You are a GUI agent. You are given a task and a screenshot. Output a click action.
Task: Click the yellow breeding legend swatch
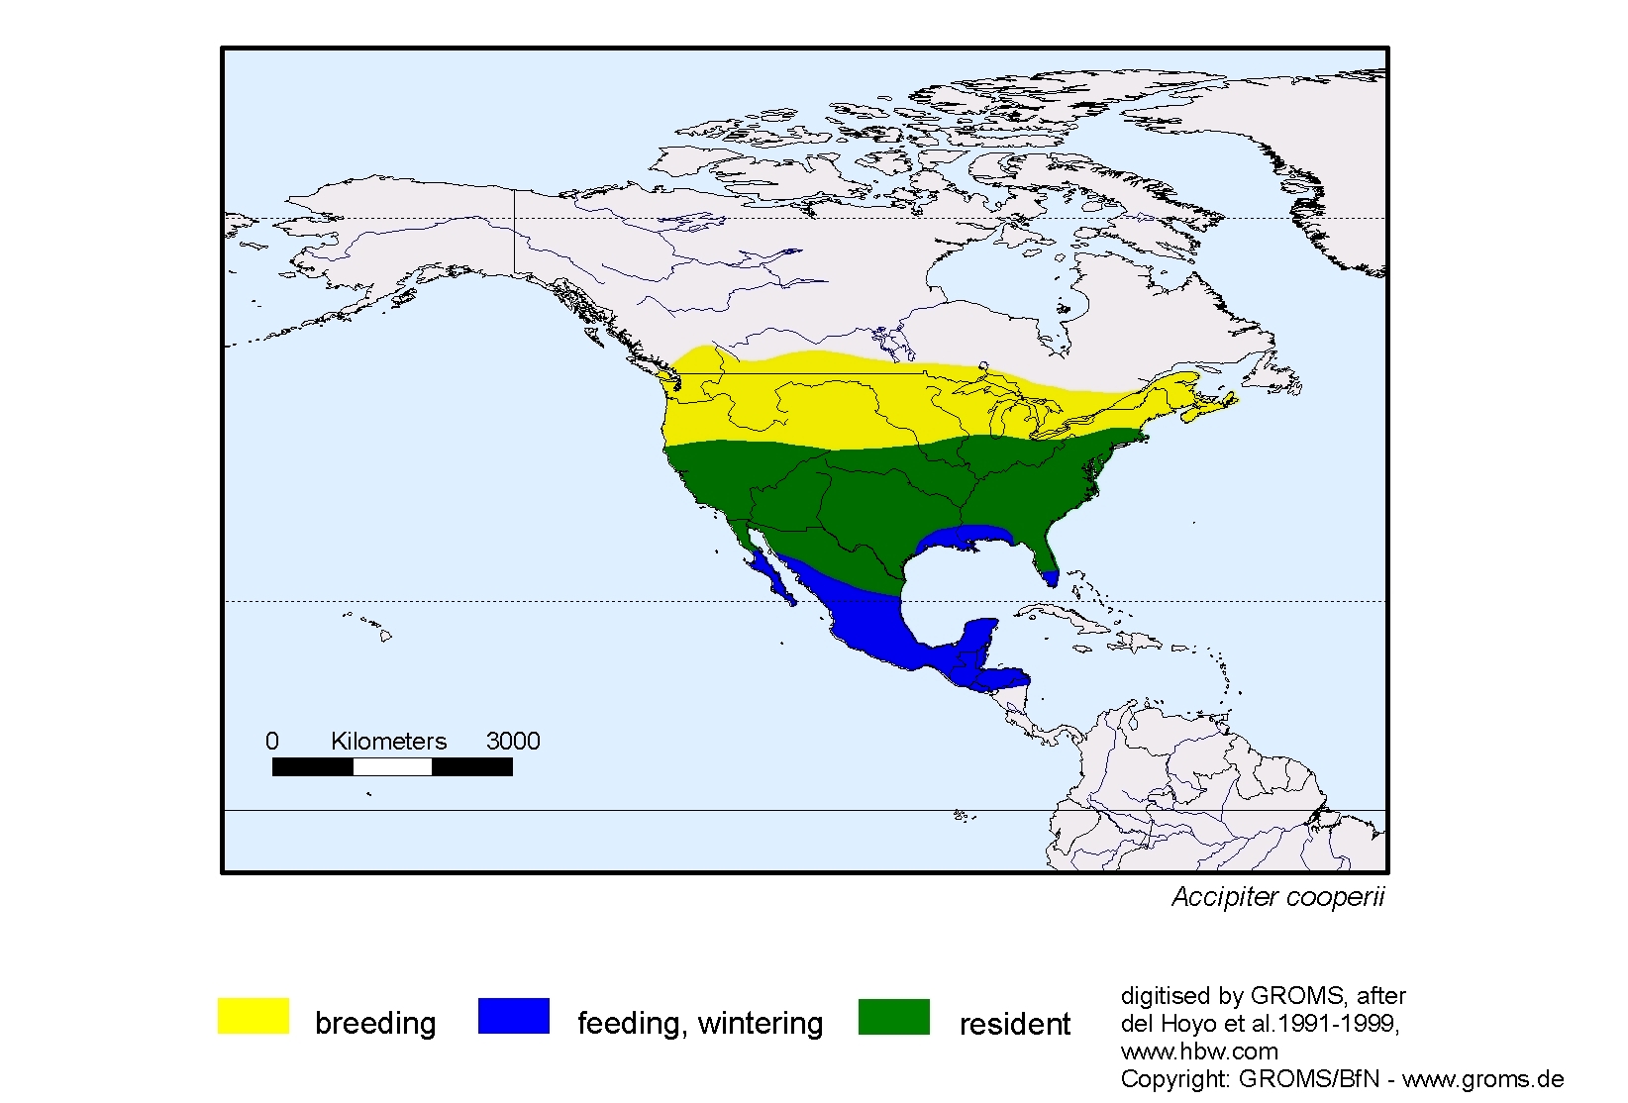click(x=253, y=1016)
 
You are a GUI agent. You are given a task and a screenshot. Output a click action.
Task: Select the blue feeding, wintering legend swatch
click(x=513, y=1016)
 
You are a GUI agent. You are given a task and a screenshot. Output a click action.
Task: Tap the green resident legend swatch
click(x=893, y=1016)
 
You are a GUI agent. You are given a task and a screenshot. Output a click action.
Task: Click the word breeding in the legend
click(x=375, y=1023)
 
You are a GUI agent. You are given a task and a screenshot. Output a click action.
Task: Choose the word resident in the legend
click(x=1014, y=1024)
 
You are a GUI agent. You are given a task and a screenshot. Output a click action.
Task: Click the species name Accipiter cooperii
click(x=1277, y=897)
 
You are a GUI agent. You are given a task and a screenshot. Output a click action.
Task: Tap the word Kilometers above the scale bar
click(x=388, y=741)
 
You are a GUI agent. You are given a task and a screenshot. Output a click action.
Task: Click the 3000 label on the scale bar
click(x=513, y=741)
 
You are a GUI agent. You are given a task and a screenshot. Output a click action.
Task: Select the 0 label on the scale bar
click(x=272, y=741)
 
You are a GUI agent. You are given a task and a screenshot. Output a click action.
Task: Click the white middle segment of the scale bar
click(x=392, y=766)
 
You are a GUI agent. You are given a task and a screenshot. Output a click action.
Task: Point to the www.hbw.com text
click(x=1199, y=1052)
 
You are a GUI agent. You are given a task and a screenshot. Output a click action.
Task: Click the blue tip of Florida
click(x=1051, y=576)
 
